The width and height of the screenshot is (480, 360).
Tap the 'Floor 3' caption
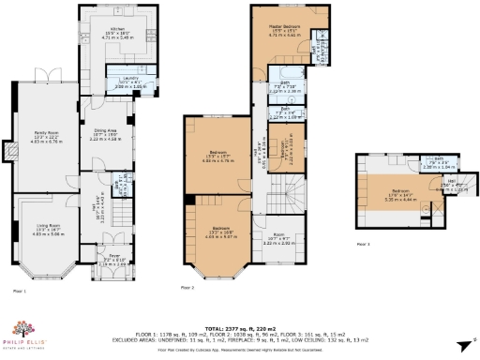click(361, 244)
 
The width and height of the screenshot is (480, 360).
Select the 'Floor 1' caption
click(19, 292)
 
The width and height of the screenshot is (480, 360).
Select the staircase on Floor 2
click(279, 198)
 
